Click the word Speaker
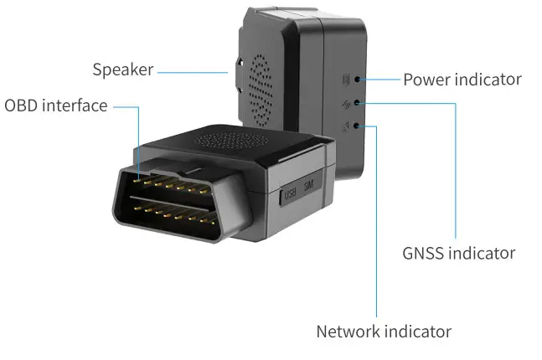pyautogui.click(x=122, y=69)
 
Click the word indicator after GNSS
pyautogui.click(x=482, y=252)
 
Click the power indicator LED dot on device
pyautogui.click(x=359, y=80)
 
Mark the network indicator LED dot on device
pyautogui.click(x=359, y=126)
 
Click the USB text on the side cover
pyautogui.click(x=292, y=196)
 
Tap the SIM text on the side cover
pyautogui.click(x=309, y=192)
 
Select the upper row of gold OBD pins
pyautogui.click(x=172, y=181)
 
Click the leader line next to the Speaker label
pyautogui.click(x=193, y=71)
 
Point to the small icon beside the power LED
pyautogui.click(x=345, y=80)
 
